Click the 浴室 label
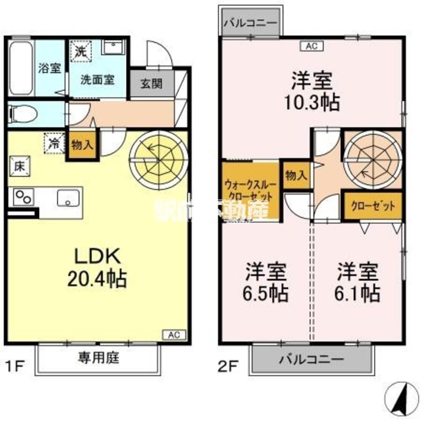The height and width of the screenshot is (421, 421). (49, 69)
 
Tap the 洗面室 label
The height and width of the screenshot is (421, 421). (97, 79)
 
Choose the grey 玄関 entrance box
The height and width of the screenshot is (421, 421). (151, 83)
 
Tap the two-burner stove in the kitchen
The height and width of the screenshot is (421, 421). (23, 197)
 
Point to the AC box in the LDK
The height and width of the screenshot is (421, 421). (173, 335)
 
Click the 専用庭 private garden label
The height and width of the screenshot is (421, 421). (99, 358)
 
